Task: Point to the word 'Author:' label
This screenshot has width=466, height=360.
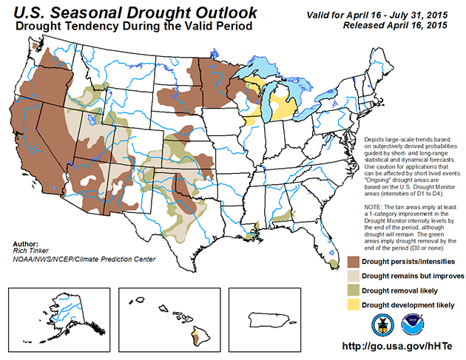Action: (25, 242)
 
